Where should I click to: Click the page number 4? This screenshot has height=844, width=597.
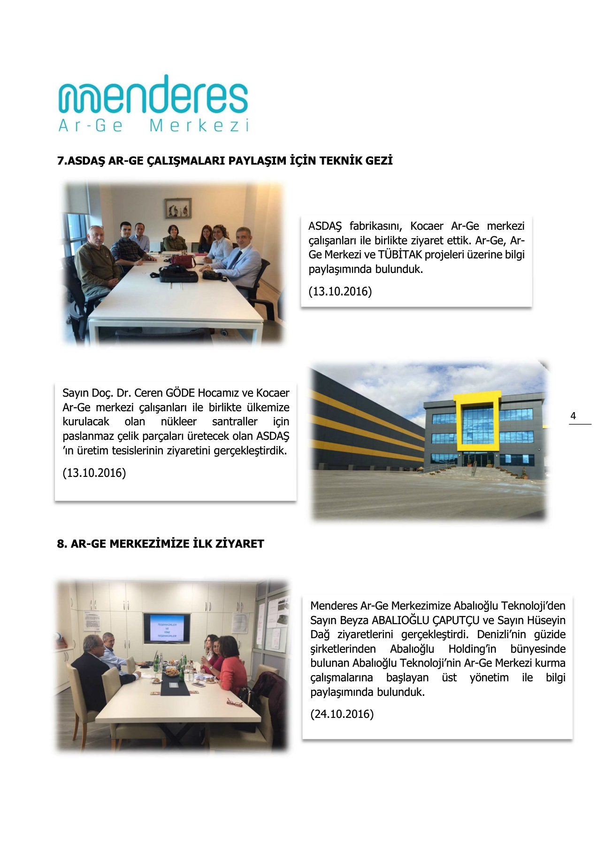point(573,416)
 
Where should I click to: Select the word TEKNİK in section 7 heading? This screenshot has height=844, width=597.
point(341,161)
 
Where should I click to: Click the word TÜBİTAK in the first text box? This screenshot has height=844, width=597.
point(400,255)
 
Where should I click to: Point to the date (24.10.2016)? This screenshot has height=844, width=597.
point(342,714)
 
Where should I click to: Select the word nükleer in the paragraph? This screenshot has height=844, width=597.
point(178,422)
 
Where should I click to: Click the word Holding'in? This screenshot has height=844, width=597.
point(472,649)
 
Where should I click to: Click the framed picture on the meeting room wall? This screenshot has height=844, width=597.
point(178,208)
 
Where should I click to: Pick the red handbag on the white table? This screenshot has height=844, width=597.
point(183,260)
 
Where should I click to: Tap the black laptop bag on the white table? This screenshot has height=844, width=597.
point(178,274)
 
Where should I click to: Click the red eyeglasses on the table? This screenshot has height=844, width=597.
point(235,702)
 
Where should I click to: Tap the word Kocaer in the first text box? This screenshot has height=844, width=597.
point(426,226)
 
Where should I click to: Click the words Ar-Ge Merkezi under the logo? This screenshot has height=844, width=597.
point(153,126)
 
